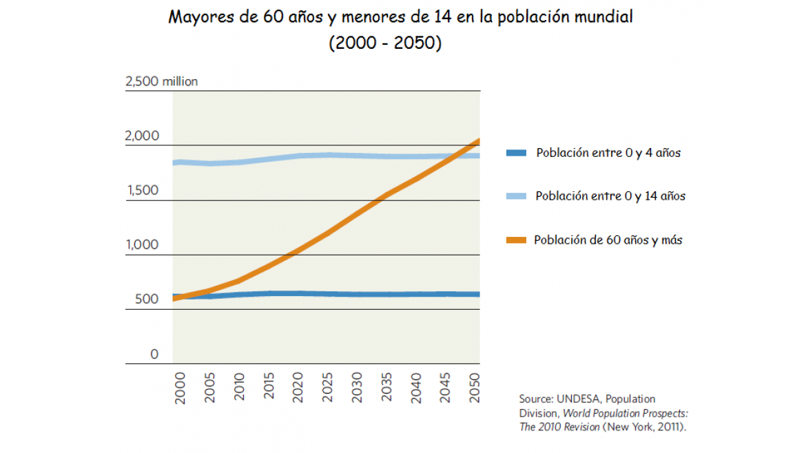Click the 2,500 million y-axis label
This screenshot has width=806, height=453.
[x=161, y=82]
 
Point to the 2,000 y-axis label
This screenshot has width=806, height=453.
[x=142, y=136]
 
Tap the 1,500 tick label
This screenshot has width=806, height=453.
[x=142, y=191]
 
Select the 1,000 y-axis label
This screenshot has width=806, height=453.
[x=142, y=245]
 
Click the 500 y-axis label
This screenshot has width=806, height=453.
[x=142, y=300]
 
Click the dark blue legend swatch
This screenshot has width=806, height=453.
[x=516, y=153]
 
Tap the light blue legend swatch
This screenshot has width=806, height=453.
[x=516, y=196]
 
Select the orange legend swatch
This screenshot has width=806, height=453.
[x=516, y=240]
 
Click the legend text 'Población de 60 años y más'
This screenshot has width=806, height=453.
[x=608, y=240]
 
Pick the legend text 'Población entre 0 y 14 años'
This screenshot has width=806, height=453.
[x=610, y=196]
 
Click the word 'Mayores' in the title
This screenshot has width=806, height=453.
[x=200, y=17]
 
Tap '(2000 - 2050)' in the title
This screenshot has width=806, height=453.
[x=385, y=43]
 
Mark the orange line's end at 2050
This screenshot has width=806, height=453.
[x=479, y=141]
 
